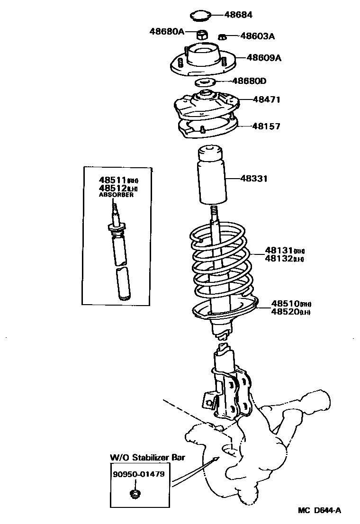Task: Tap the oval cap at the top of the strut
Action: coord(201,16)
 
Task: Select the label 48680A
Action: coord(166,32)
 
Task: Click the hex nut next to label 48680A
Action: coord(201,34)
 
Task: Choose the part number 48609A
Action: coord(264,58)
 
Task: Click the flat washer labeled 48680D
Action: coord(205,81)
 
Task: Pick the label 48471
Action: coord(267,99)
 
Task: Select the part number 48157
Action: coord(266,126)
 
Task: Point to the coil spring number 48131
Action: coord(278,251)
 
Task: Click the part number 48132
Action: coord(278,259)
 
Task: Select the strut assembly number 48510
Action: coord(285,303)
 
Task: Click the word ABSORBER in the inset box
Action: coord(116,195)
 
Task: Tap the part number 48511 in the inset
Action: coord(112,180)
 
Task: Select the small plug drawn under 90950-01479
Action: coord(135,495)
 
